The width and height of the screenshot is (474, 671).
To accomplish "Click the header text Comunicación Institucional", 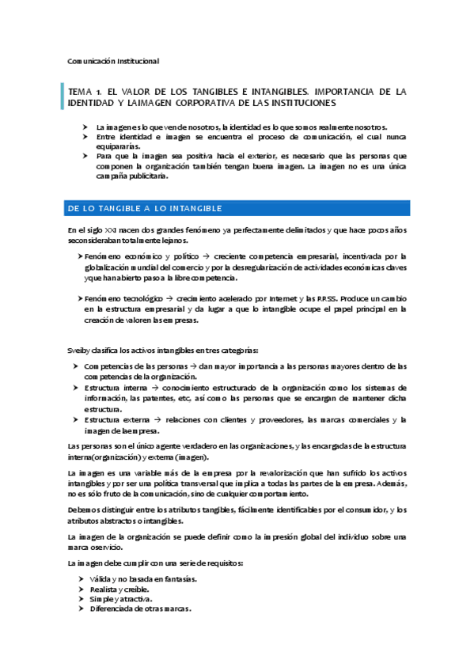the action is click(x=113, y=61).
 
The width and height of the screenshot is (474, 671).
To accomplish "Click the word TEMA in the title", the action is click(x=82, y=92).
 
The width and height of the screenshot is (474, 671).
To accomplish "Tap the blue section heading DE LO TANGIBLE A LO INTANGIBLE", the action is click(x=146, y=208).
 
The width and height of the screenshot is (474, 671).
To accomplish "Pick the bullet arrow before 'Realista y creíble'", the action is click(x=82, y=590).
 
